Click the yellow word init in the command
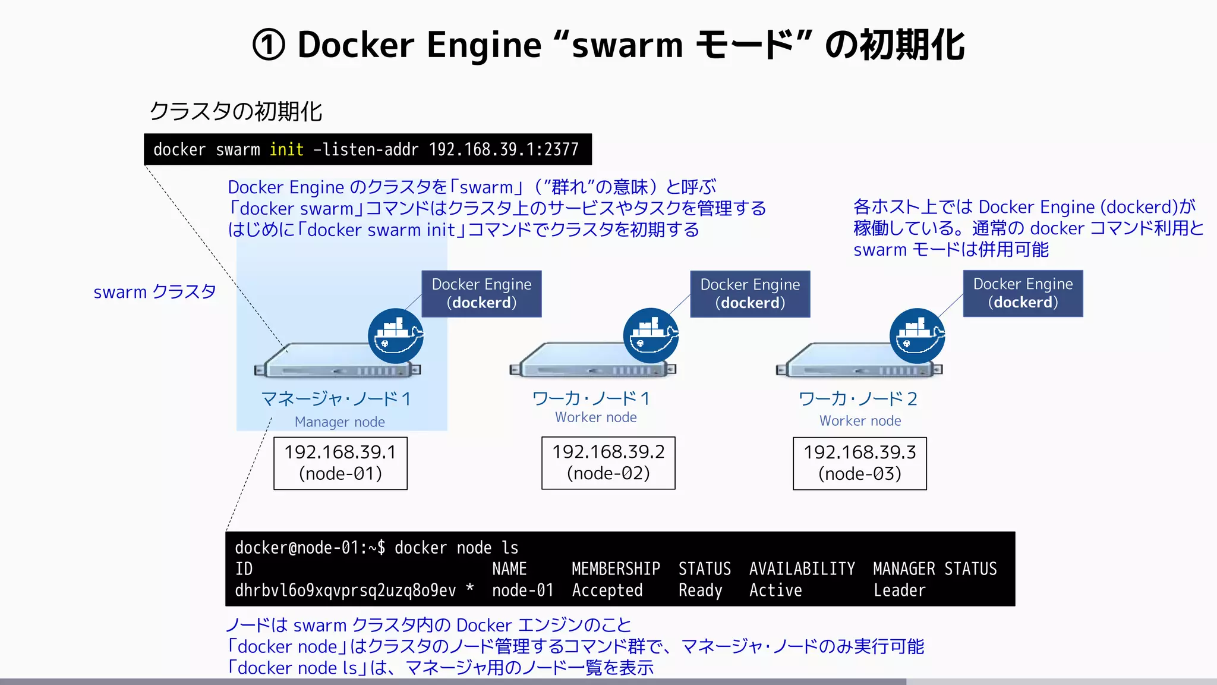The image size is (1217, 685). coord(286,149)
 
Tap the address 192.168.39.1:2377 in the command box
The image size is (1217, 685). coord(503,149)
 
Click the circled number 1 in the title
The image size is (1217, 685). coord(269,45)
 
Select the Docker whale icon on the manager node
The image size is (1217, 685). coord(395,336)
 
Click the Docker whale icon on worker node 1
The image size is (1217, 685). coord(651,336)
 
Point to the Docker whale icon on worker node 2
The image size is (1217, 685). coord(917,336)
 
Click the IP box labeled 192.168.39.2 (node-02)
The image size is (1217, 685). coord(608,463)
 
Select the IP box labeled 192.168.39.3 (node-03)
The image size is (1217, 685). coord(859,463)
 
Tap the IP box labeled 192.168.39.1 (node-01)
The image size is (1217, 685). coord(340,463)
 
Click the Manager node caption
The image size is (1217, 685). coord(339,422)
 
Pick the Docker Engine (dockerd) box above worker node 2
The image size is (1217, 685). coord(1023,293)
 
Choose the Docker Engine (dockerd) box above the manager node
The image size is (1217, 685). coord(481,294)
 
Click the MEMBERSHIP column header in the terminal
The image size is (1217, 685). coord(616,569)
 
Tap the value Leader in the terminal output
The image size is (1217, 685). coord(899,590)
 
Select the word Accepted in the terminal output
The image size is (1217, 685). coord(607,590)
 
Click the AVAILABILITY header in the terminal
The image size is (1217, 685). coord(802,569)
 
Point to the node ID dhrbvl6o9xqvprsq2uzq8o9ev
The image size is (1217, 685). coord(345,590)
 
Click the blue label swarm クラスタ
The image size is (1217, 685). coord(155,292)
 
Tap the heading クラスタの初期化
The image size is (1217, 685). coord(235,111)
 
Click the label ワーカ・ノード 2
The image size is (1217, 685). coord(857,398)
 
